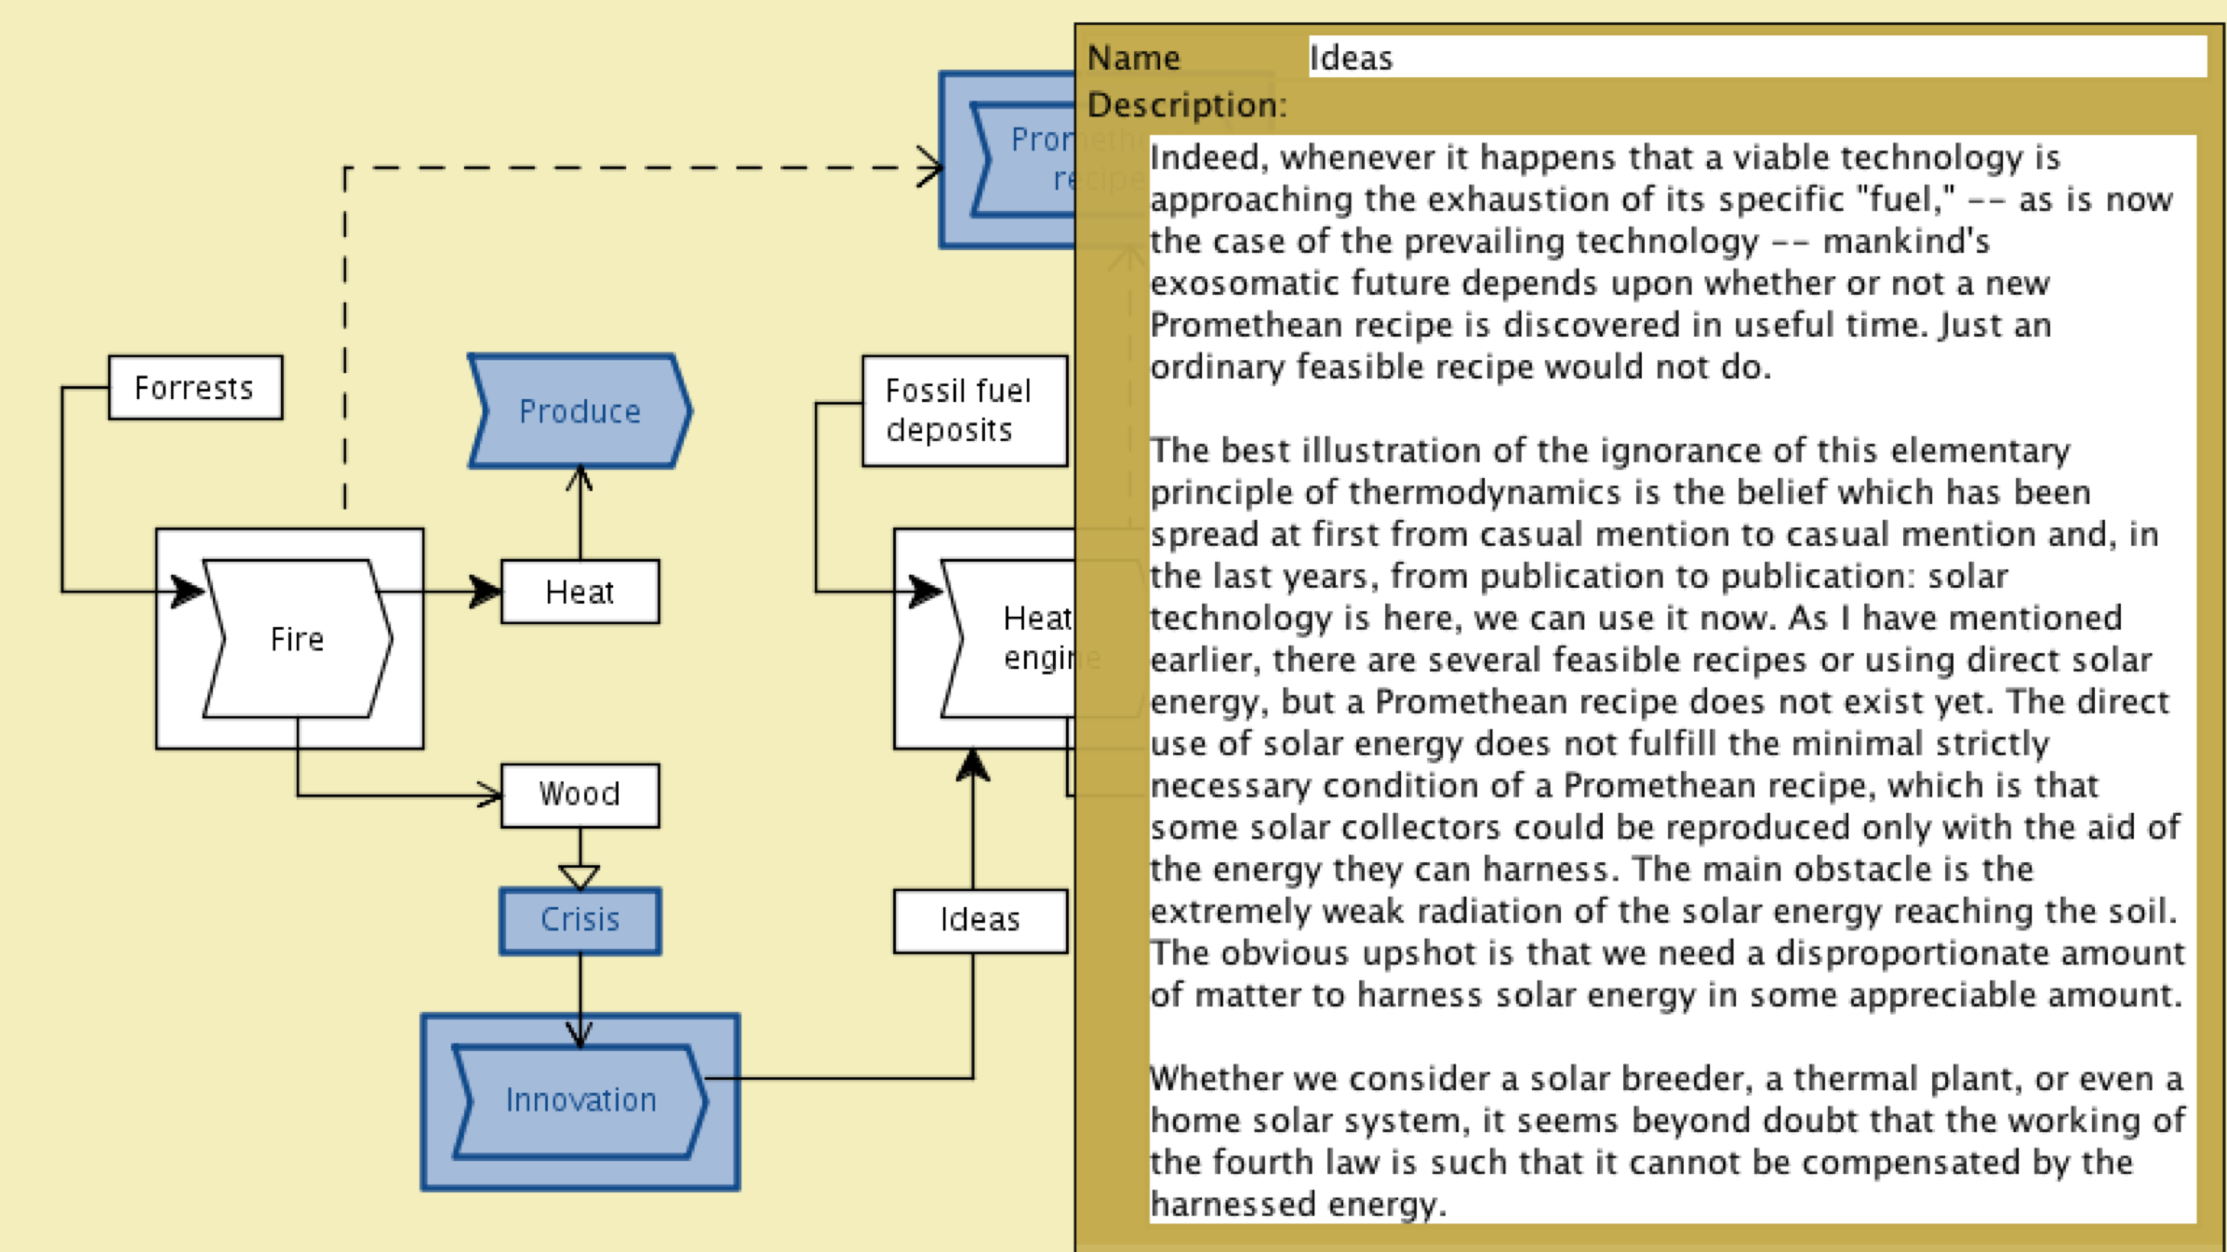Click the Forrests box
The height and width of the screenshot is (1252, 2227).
[x=195, y=388]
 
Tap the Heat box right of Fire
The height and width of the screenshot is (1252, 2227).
[x=580, y=592]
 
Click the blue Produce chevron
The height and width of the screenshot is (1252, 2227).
[x=580, y=411]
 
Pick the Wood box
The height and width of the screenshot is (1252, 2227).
[x=580, y=794]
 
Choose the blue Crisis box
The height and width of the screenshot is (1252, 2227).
[x=580, y=920]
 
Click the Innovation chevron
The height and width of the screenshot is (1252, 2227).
[x=580, y=1101]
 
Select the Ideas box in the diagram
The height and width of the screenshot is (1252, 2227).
[x=980, y=920]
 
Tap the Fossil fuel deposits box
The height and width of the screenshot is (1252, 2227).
[x=964, y=410]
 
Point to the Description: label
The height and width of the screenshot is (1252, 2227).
[x=1187, y=105]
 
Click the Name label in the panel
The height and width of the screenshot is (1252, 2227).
[x=1134, y=58]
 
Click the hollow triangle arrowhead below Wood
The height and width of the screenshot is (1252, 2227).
[x=580, y=876]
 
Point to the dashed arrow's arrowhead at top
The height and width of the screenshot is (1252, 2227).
[x=929, y=167]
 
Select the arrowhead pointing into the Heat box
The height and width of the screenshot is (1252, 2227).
[x=485, y=591]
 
